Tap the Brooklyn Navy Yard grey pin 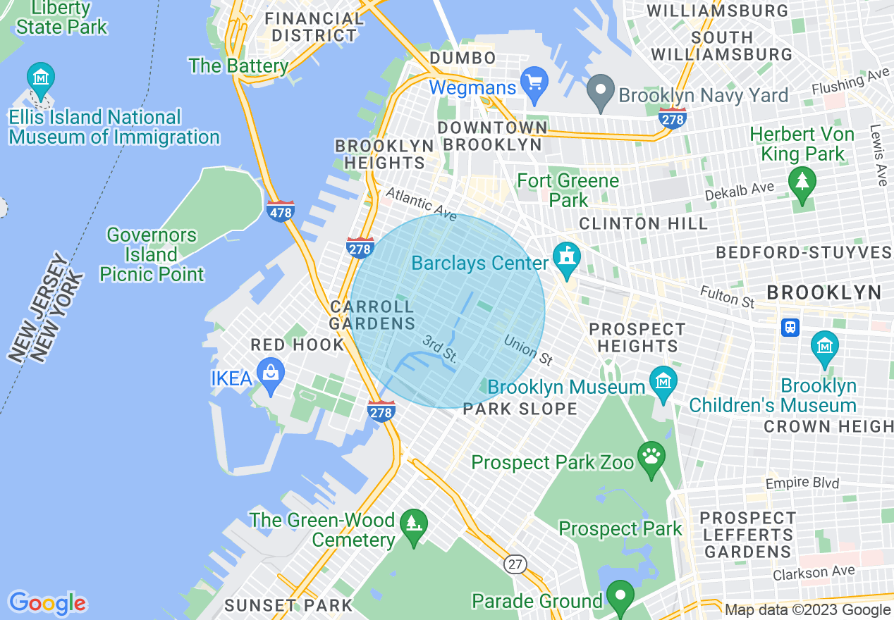(x=601, y=92)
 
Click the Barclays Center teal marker (x=566, y=257)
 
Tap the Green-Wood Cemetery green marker (x=413, y=523)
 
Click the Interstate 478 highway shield (x=281, y=211)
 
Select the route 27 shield (x=516, y=564)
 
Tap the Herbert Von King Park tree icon (x=802, y=182)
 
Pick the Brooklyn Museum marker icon (x=663, y=382)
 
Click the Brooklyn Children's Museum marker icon (x=824, y=347)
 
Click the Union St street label (x=528, y=350)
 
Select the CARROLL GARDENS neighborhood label (x=372, y=315)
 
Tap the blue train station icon (x=790, y=328)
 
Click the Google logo (x=47, y=603)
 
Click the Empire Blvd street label (x=802, y=483)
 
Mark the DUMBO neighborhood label (x=463, y=58)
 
